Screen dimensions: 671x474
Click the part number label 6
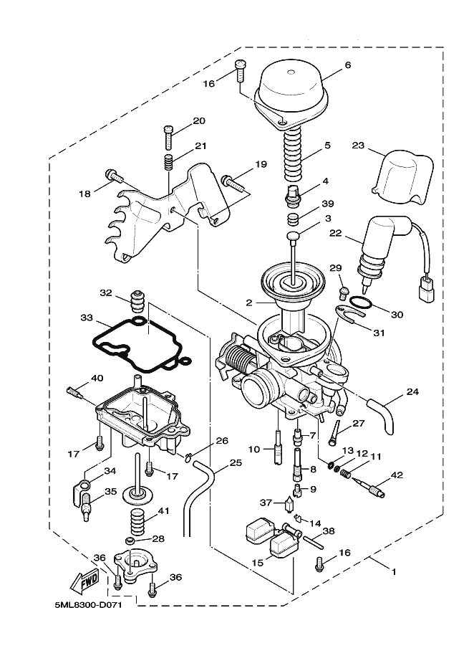348,65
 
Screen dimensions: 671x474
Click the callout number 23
359,145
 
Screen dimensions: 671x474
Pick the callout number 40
97,379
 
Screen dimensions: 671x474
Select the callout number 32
106,292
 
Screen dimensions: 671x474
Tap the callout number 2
250,303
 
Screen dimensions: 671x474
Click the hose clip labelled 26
188,457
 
